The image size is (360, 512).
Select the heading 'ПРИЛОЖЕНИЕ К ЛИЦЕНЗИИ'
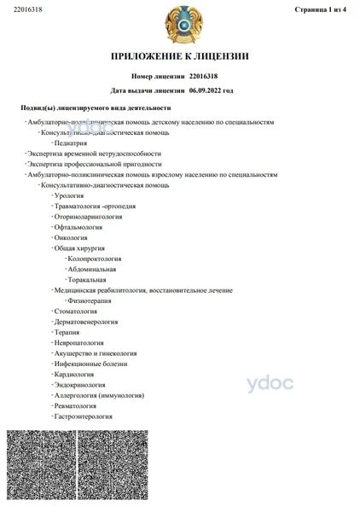[179, 56]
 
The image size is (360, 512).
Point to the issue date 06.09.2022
[210, 90]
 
